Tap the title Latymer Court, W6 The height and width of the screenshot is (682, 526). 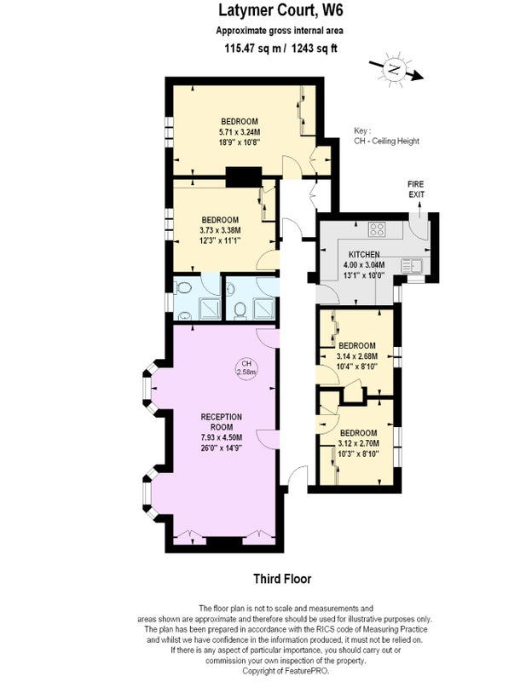pyautogui.click(x=280, y=10)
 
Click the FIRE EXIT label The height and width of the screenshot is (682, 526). pyautogui.click(x=416, y=189)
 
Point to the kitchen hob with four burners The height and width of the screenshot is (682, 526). pyautogui.click(x=377, y=229)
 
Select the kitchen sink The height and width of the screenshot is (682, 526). pyautogui.click(x=411, y=265)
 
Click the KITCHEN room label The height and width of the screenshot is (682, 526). pyautogui.click(x=364, y=254)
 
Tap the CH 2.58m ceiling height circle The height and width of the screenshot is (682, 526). pyautogui.click(x=246, y=368)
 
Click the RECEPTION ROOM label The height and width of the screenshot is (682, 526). pyautogui.click(x=221, y=422)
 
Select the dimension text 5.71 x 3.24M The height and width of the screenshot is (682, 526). pyautogui.click(x=240, y=132)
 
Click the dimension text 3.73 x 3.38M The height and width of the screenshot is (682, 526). pyautogui.click(x=220, y=230)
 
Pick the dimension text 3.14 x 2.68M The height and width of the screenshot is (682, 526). pyautogui.click(x=356, y=356)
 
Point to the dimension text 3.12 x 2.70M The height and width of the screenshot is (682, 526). pyautogui.click(x=358, y=443)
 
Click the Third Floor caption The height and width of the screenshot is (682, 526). pyautogui.click(x=282, y=579)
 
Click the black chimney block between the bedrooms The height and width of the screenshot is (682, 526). pyautogui.click(x=244, y=177)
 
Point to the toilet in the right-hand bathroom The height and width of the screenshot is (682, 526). pyautogui.click(x=240, y=310)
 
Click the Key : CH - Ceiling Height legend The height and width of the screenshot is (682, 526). pyautogui.click(x=386, y=136)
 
